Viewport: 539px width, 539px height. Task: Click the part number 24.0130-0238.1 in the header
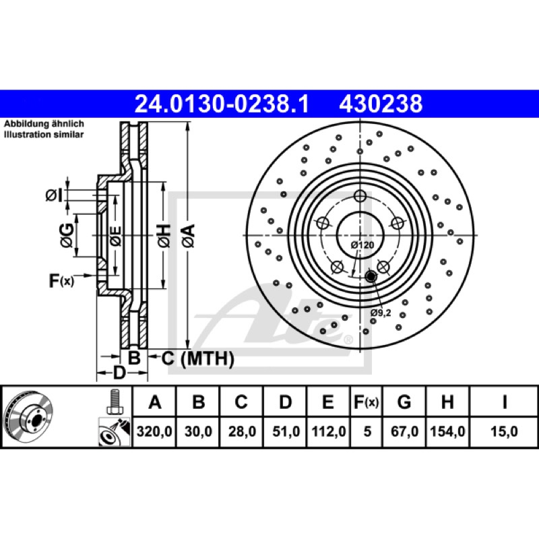(222, 104)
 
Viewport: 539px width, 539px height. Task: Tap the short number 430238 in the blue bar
(381, 104)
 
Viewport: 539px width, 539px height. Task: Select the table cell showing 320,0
(154, 431)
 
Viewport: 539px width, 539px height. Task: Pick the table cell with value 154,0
(447, 431)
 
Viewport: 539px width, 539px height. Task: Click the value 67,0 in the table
(404, 431)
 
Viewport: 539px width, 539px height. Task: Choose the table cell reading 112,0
(329, 431)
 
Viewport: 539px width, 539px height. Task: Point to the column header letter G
(404, 402)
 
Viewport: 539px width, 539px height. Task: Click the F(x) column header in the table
(367, 402)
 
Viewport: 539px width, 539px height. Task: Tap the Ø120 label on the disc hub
(362, 245)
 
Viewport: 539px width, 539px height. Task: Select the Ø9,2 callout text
(381, 313)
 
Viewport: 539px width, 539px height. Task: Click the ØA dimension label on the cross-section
(189, 235)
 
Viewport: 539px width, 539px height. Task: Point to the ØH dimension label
(164, 235)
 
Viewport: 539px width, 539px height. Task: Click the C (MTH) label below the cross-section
(198, 359)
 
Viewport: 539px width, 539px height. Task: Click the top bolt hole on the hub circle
(360, 196)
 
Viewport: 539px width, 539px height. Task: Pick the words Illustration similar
(44, 134)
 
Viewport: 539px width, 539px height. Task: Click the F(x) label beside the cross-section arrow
(61, 280)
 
